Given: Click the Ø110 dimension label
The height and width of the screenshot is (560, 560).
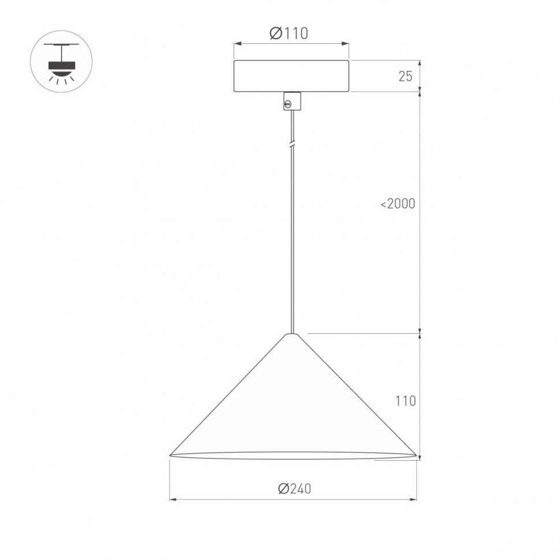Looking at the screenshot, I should [x=289, y=34].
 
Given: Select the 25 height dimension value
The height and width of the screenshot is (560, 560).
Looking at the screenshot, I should [x=405, y=76].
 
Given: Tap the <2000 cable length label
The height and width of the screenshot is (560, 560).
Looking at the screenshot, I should [x=398, y=204].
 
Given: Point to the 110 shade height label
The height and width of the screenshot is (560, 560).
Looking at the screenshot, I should [x=405, y=401].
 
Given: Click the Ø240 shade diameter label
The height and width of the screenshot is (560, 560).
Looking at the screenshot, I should [x=294, y=489].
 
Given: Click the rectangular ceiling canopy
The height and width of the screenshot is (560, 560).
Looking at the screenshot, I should [x=292, y=76].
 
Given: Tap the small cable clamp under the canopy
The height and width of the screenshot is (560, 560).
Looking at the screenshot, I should [x=292, y=101].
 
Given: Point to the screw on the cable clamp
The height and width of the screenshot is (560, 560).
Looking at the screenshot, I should [x=288, y=104].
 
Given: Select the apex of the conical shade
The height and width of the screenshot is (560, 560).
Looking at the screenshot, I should [x=293, y=334].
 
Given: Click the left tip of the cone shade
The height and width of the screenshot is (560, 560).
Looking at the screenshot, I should [x=171, y=455].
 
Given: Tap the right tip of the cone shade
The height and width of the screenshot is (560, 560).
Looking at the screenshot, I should [x=415, y=455].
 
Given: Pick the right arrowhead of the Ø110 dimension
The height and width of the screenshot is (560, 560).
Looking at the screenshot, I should [x=346, y=43].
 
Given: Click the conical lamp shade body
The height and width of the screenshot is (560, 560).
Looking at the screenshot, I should [x=293, y=404].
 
